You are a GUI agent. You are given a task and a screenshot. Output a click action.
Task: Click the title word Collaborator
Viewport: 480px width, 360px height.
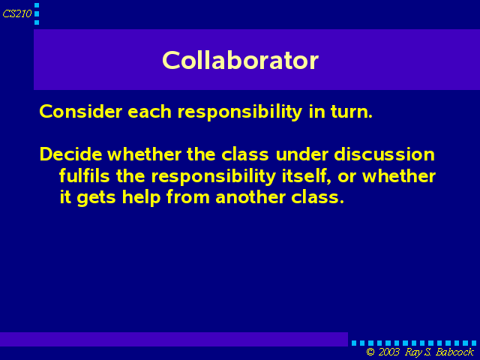240,60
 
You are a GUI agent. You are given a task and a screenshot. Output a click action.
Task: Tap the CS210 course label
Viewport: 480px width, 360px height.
17,13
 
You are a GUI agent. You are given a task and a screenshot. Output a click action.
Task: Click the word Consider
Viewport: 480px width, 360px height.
81,111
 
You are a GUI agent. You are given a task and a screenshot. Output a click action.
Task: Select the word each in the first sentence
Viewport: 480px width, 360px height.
149,111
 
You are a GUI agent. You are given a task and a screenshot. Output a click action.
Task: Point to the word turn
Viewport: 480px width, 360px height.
352,111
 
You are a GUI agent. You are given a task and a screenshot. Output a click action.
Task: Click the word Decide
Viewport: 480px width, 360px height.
70,154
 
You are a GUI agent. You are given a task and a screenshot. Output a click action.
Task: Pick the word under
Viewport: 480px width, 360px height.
302,154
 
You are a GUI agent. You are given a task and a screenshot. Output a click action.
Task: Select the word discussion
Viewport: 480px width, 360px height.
384,154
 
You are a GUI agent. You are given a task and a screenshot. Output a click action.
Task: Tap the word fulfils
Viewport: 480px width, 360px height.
84,176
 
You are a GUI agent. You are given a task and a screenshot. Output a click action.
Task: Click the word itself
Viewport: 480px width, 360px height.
307,176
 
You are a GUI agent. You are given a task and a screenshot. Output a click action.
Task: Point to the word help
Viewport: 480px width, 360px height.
142,197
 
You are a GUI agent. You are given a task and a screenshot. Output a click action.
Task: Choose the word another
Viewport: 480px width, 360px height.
250,197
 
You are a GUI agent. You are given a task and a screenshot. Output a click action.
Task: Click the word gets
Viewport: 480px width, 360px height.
96,198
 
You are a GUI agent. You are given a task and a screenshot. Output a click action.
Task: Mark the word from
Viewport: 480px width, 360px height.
188,197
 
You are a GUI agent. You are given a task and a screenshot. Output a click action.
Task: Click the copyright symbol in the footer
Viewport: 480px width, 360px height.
370,352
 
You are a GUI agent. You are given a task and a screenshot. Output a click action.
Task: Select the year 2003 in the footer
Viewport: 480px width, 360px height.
389,352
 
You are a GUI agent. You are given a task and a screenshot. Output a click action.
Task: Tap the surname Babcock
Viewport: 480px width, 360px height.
454,352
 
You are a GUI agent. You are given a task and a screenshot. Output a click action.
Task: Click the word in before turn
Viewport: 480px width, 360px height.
316,111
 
